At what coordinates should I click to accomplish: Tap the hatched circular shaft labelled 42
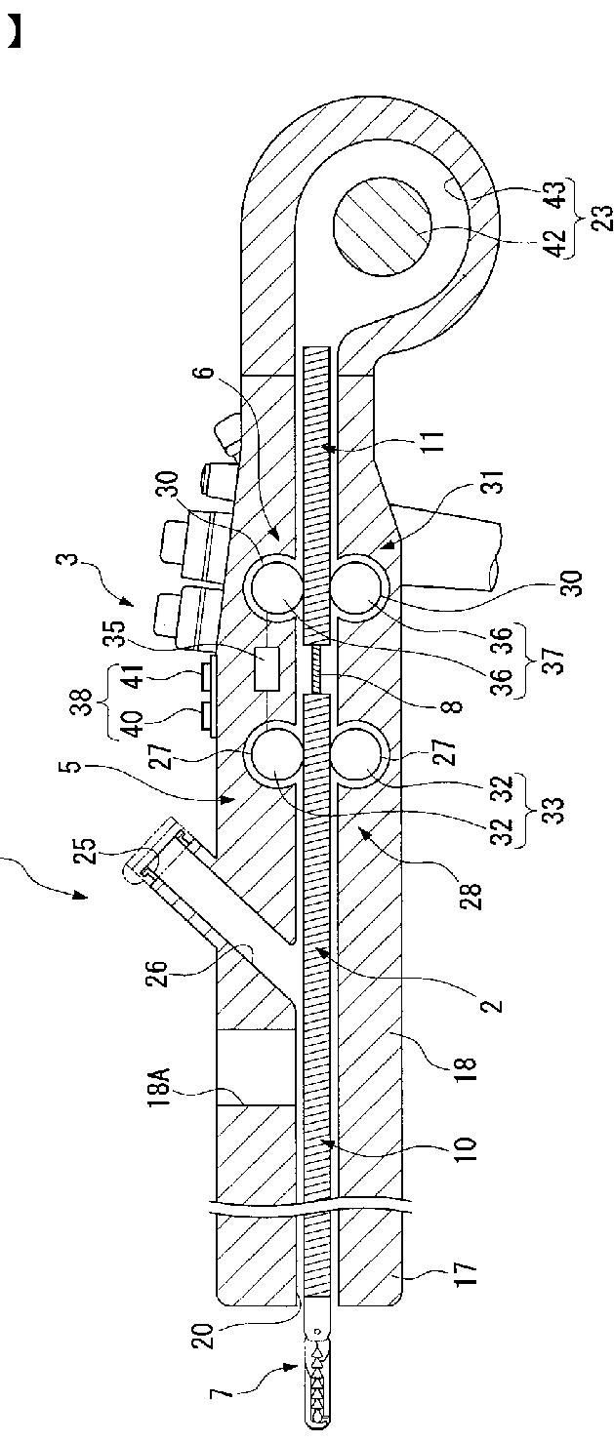click(x=382, y=226)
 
